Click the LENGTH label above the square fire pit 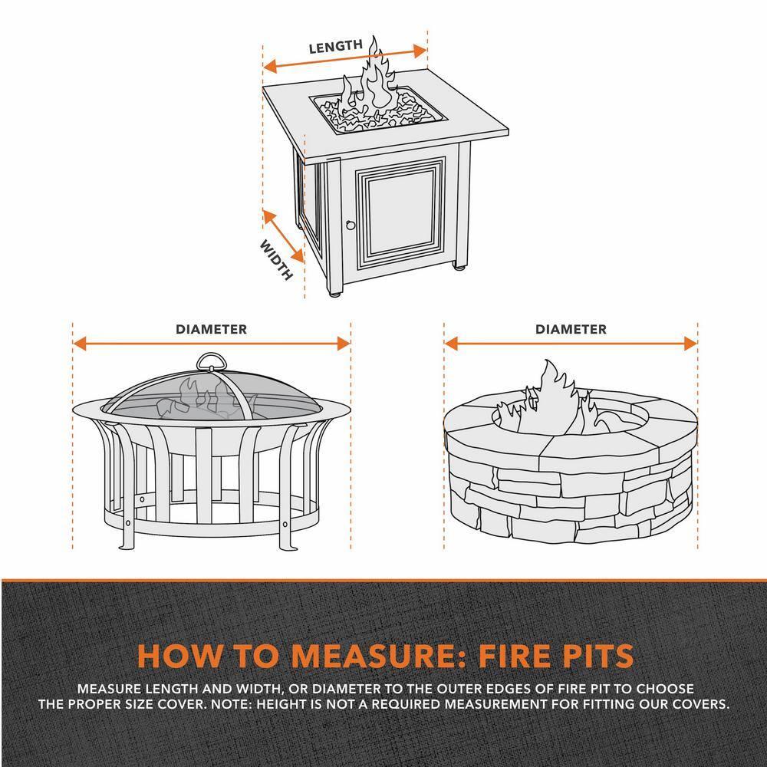click(335, 47)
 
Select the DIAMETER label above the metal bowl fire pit click(211, 329)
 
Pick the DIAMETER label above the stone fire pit click(571, 329)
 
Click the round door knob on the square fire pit click(351, 225)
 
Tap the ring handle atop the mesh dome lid click(212, 362)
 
